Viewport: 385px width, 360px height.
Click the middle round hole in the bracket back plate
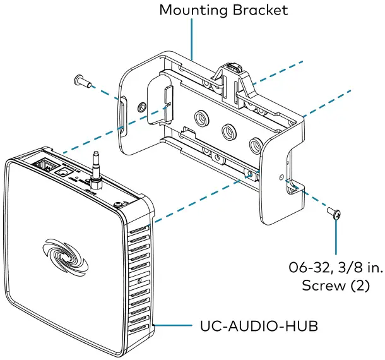click(x=227, y=131)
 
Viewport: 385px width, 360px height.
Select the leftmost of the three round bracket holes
click(x=201, y=118)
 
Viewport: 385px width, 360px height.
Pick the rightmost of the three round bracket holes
click(x=255, y=145)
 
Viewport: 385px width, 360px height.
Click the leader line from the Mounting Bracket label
click(x=191, y=38)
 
